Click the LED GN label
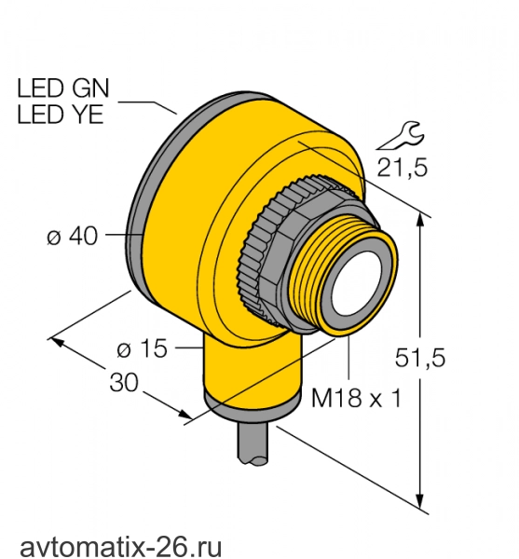pyautogui.click(x=63, y=89)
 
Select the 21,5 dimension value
pyautogui.click(x=403, y=168)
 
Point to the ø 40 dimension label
pyautogui.click(x=72, y=236)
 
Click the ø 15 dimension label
pyautogui.click(x=142, y=348)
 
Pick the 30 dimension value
pyautogui.click(x=124, y=383)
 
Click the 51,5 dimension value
pyautogui.click(x=420, y=358)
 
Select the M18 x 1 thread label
pyautogui.click(x=357, y=398)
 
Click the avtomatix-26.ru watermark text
pyautogui.click(x=121, y=545)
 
